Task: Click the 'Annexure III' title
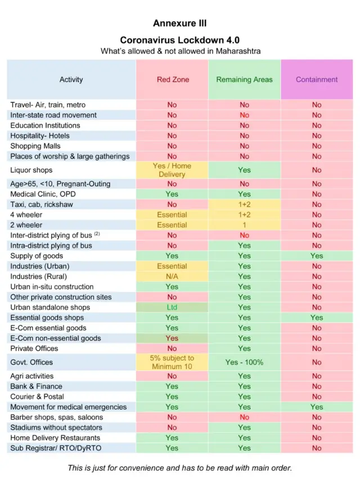[180, 24]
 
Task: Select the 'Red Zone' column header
[173, 79]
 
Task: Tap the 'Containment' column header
[317, 79]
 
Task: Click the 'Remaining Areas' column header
[244, 79]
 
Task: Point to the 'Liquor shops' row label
[31, 170]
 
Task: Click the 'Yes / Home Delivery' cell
[172, 170]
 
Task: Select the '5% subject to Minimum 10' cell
[172, 362]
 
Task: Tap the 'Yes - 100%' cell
[244, 362]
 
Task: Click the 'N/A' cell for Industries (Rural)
[172, 276]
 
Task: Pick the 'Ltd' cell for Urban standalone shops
[172, 307]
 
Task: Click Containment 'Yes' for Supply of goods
[317, 255]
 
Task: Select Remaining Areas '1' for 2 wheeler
[244, 225]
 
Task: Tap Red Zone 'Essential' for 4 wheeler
[172, 214]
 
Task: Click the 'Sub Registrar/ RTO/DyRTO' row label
[56, 448]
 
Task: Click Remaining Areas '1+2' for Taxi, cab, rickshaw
[244, 204]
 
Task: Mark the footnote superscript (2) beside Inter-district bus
[97, 234]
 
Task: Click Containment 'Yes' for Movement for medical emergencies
[317, 407]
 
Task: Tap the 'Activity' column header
[71, 79]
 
